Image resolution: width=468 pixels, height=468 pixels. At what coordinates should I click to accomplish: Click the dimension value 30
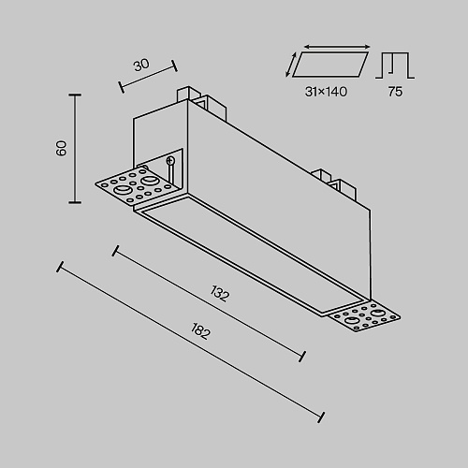tap(141, 65)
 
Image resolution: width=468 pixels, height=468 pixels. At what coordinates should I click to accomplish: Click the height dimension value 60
tap(62, 148)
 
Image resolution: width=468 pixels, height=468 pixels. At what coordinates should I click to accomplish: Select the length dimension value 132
tap(220, 294)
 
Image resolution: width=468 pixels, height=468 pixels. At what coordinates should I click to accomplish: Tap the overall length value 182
tap(200, 331)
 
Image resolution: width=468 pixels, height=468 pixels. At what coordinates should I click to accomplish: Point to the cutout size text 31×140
tap(326, 92)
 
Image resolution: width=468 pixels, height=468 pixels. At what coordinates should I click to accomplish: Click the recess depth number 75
tap(395, 92)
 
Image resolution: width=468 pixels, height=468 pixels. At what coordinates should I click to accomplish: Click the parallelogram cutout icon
tap(330, 65)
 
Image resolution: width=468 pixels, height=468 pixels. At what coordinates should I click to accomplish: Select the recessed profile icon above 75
tap(395, 66)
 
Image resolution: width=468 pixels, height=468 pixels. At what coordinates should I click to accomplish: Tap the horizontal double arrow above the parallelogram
tap(337, 47)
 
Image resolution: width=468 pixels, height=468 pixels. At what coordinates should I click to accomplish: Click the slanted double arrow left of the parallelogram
tap(290, 65)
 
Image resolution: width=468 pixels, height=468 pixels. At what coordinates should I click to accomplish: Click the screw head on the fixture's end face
tap(170, 161)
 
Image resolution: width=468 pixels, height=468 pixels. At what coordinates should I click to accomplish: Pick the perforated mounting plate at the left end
tap(138, 185)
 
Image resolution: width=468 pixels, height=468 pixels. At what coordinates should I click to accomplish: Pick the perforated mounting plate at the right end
tap(364, 316)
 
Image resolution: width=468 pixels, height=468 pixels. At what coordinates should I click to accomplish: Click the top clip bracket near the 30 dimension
tap(200, 102)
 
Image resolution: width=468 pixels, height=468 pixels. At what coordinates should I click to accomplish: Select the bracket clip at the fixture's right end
tap(336, 184)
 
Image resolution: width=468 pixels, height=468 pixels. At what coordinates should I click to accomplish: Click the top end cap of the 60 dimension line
tap(75, 95)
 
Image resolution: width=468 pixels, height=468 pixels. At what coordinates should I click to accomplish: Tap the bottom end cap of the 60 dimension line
tap(75, 202)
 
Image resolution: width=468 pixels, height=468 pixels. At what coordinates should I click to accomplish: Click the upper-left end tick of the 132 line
tap(115, 251)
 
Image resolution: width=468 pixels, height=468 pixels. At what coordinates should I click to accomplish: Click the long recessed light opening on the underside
tap(253, 255)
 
